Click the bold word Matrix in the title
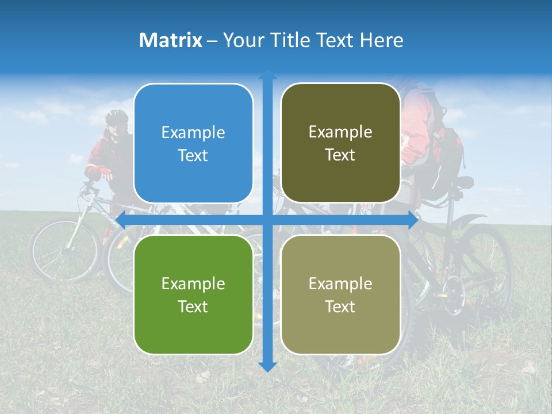point(170,40)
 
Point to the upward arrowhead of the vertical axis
point(267,75)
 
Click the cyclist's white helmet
point(117,117)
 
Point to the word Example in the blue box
point(193,133)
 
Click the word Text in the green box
point(193,306)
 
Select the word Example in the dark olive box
point(340,132)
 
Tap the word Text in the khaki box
point(340,306)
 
